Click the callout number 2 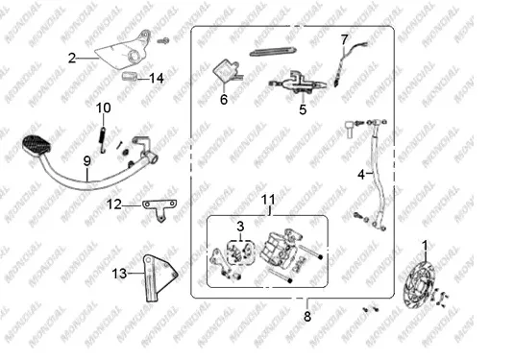pyautogui.click(x=72, y=59)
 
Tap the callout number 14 pyautogui.click(x=157, y=79)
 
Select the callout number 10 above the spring pyautogui.click(x=103, y=108)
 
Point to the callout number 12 pyautogui.click(x=114, y=204)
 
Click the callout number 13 pyautogui.click(x=119, y=274)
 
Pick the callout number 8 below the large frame pyautogui.click(x=307, y=317)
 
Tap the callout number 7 pyautogui.click(x=344, y=40)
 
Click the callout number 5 pyautogui.click(x=303, y=109)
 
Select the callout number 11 pyautogui.click(x=268, y=200)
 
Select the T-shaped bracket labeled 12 pyautogui.click(x=159, y=209)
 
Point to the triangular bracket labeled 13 pyautogui.click(x=158, y=278)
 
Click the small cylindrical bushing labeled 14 pyautogui.click(x=129, y=77)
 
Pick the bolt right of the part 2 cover pyautogui.click(x=163, y=41)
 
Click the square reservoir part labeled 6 pyautogui.click(x=225, y=72)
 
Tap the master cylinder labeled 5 pyautogui.click(x=297, y=84)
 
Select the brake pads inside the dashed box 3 pyautogui.click(x=241, y=252)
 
